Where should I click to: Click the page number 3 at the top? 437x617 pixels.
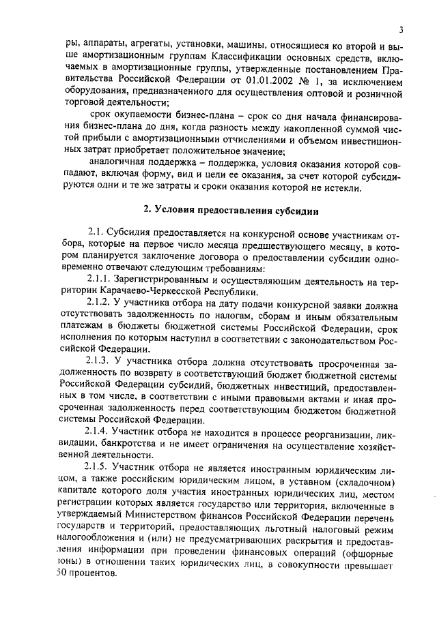(x=402, y=29)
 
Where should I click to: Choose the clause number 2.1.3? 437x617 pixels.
(x=102, y=361)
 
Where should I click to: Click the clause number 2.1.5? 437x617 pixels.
(x=102, y=466)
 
